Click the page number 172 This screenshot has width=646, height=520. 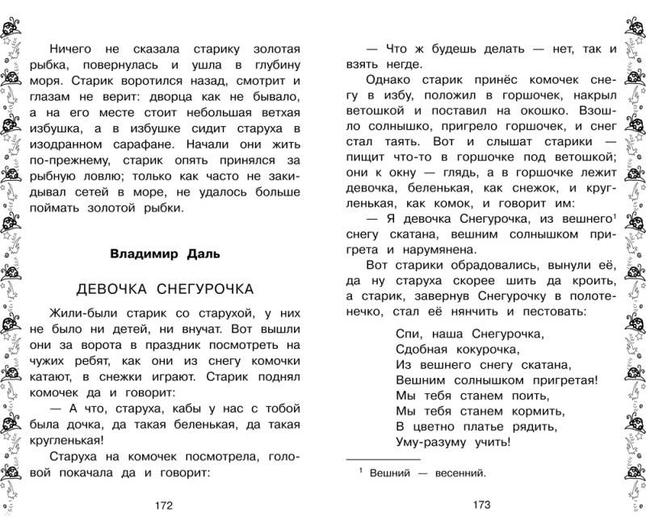pyautogui.click(x=163, y=505)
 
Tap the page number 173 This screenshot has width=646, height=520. pyautogui.click(x=481, y=505)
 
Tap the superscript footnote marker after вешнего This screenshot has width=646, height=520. pyautogui.click(x=615, y=216)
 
